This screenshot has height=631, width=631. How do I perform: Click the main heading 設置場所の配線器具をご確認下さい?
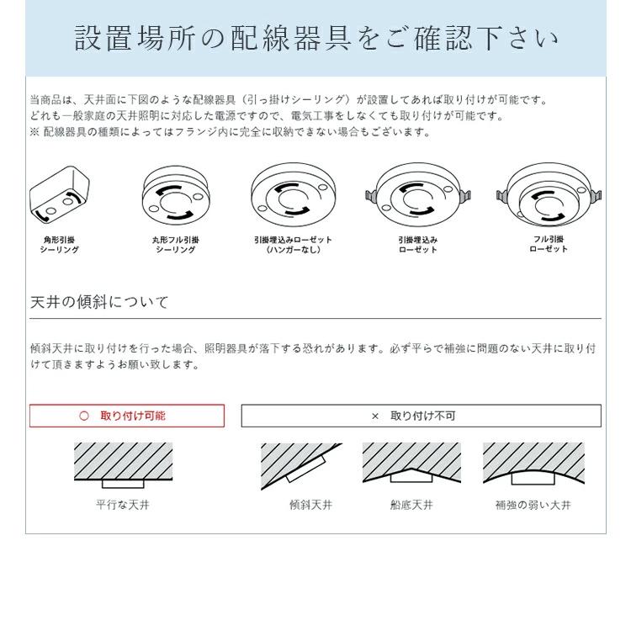point(315,39)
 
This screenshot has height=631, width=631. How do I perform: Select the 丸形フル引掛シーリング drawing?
point(175,196)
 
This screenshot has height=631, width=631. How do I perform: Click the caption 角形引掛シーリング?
point(60,245)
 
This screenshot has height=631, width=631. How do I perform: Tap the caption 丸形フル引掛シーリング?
point(175,245)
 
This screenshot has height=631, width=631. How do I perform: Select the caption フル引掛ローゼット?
point(549,244)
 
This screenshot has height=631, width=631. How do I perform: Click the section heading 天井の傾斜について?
point(99,302)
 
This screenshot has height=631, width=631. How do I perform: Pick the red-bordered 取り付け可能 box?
point(127,416)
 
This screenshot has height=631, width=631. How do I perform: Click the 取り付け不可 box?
point(421,416)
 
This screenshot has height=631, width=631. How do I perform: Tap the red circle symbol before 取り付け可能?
point(83,416)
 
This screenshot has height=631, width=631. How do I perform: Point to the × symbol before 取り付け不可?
point(375,416)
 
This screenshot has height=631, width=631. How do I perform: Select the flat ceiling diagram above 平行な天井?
point(123,465)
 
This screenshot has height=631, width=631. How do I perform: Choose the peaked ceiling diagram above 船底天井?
point(411,465)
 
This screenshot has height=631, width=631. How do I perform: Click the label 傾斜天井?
point(310,506)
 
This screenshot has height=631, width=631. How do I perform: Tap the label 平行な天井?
point(123,506)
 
